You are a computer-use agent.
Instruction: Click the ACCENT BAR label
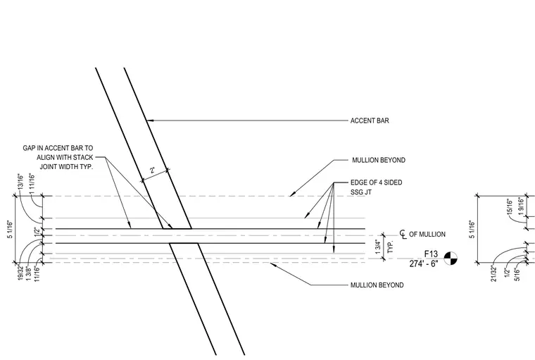(370, 120)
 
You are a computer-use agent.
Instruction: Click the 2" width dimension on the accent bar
(152, 170)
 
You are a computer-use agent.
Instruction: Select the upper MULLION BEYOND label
(379, 160)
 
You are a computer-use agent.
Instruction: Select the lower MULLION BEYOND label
(377, 285)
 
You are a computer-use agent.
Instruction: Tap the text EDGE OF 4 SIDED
(377, 182)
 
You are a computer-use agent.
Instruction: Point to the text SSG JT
(361, 192)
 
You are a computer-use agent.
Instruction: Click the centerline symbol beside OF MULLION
(403, 235)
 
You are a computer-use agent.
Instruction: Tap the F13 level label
(431, 254)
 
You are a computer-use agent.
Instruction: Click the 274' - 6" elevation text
(424, 263)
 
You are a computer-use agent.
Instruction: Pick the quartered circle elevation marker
(451, 259)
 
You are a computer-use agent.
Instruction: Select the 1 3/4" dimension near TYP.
(378, 247)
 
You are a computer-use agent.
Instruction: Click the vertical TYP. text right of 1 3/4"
(391, 247)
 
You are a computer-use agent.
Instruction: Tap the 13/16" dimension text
(21, 182)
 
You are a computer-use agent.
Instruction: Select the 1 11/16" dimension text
(32, 184)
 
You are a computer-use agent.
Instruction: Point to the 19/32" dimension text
(20, 273)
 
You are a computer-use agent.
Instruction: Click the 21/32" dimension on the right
(493, 273)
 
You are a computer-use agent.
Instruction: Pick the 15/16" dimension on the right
(510, 206)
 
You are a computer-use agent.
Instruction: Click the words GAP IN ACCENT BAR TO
(58, 148)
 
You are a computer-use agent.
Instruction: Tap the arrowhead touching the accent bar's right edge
(149, 120)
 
